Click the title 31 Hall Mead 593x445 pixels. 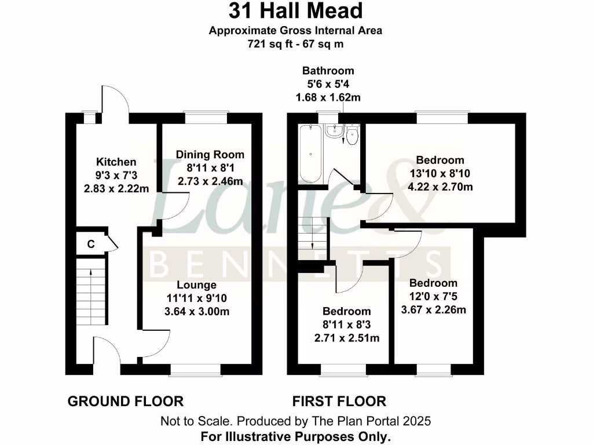295,11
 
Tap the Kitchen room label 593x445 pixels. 116,162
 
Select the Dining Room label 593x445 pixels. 210,155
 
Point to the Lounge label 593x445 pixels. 197,285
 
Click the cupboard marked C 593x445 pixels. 91,244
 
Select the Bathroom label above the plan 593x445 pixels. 328,71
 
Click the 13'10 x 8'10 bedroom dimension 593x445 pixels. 440,173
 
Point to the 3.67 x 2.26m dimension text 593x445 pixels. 434,309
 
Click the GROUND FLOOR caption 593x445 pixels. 126,401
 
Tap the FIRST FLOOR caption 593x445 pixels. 339,401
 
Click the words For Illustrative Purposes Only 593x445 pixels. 295,436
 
